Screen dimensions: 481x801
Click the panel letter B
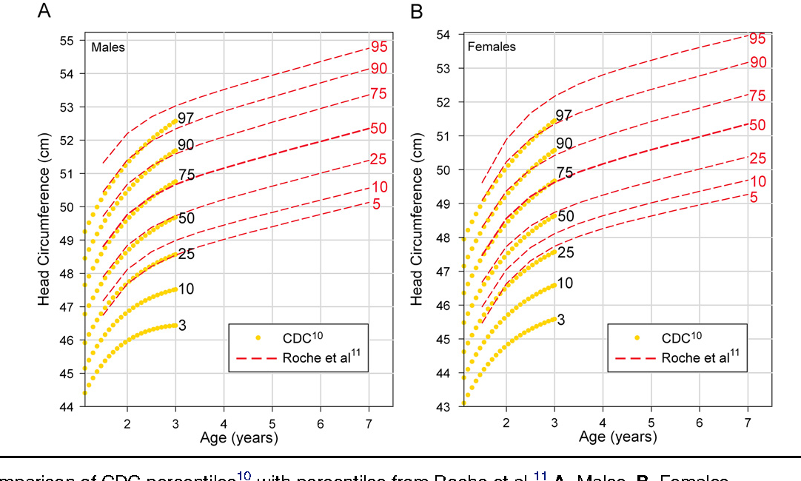(x=417, y=13)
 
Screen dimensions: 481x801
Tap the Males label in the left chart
(x=108, y=47)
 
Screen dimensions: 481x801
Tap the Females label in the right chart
(x=492, y=47)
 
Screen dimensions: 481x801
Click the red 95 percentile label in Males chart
(x=380, y=47)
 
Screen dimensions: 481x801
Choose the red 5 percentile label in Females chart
(x=753, y=198)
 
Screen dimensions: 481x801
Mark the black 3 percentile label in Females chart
(x=561, y=320)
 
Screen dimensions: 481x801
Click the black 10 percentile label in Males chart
(x=186, y=289)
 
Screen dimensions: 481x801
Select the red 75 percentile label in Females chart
(x=757, y=96)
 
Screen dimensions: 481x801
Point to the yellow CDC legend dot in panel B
(x=637, y=337)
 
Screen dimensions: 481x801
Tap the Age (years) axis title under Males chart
(x=238, y=438)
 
